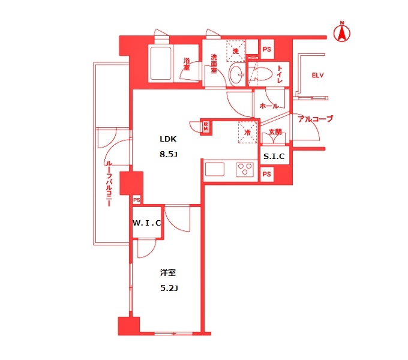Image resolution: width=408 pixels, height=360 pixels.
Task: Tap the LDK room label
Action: tap(167, 139)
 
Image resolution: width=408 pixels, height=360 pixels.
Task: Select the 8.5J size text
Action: tap(169, 154)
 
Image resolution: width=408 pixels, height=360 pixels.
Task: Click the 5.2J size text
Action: tap(169, 288)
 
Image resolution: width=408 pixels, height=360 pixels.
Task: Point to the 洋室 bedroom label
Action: tap(167, 273)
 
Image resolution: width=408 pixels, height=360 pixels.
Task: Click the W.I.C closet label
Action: tap(147, 223)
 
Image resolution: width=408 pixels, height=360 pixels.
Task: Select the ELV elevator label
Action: tap(317, 75)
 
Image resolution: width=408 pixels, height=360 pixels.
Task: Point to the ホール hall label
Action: tap(269, 106)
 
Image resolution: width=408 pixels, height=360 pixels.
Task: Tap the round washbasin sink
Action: tap(236, 76)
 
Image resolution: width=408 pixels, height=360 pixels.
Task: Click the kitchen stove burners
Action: tap(245, 169)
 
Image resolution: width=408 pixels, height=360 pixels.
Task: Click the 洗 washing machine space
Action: tap(235, 52)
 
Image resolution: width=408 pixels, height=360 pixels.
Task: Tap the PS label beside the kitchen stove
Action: tap(267, 175)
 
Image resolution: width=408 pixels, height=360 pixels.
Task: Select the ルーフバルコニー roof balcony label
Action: tap(109, 183)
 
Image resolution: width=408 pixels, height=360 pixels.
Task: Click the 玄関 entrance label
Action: tap(275, 132)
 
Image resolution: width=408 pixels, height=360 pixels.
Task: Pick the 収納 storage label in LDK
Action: tap(206, 125)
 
